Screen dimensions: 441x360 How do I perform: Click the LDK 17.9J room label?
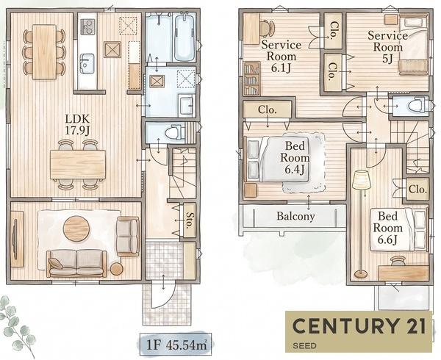77,124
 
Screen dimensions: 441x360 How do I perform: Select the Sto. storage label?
189,219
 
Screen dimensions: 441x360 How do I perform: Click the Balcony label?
295,216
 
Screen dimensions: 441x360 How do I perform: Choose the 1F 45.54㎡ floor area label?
176,345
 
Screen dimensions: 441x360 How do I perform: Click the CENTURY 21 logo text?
359,326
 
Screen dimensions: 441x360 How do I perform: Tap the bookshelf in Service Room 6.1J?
251,79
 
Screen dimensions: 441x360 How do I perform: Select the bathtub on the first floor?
184,37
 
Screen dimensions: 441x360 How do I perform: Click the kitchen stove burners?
87,26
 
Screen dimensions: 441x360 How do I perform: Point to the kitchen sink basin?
87,63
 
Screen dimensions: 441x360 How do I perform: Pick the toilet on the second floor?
416,106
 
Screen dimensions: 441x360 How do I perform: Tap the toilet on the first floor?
173,132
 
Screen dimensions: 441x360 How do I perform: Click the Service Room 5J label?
387,47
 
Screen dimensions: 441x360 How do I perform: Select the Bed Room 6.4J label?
295,158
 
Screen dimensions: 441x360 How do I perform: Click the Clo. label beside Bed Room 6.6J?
418,189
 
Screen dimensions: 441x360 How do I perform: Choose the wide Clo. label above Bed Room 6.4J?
268,109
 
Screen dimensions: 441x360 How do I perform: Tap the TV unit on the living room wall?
17,239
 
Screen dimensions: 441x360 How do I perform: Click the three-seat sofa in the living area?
76,263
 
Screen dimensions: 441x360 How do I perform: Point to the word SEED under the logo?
304,345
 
